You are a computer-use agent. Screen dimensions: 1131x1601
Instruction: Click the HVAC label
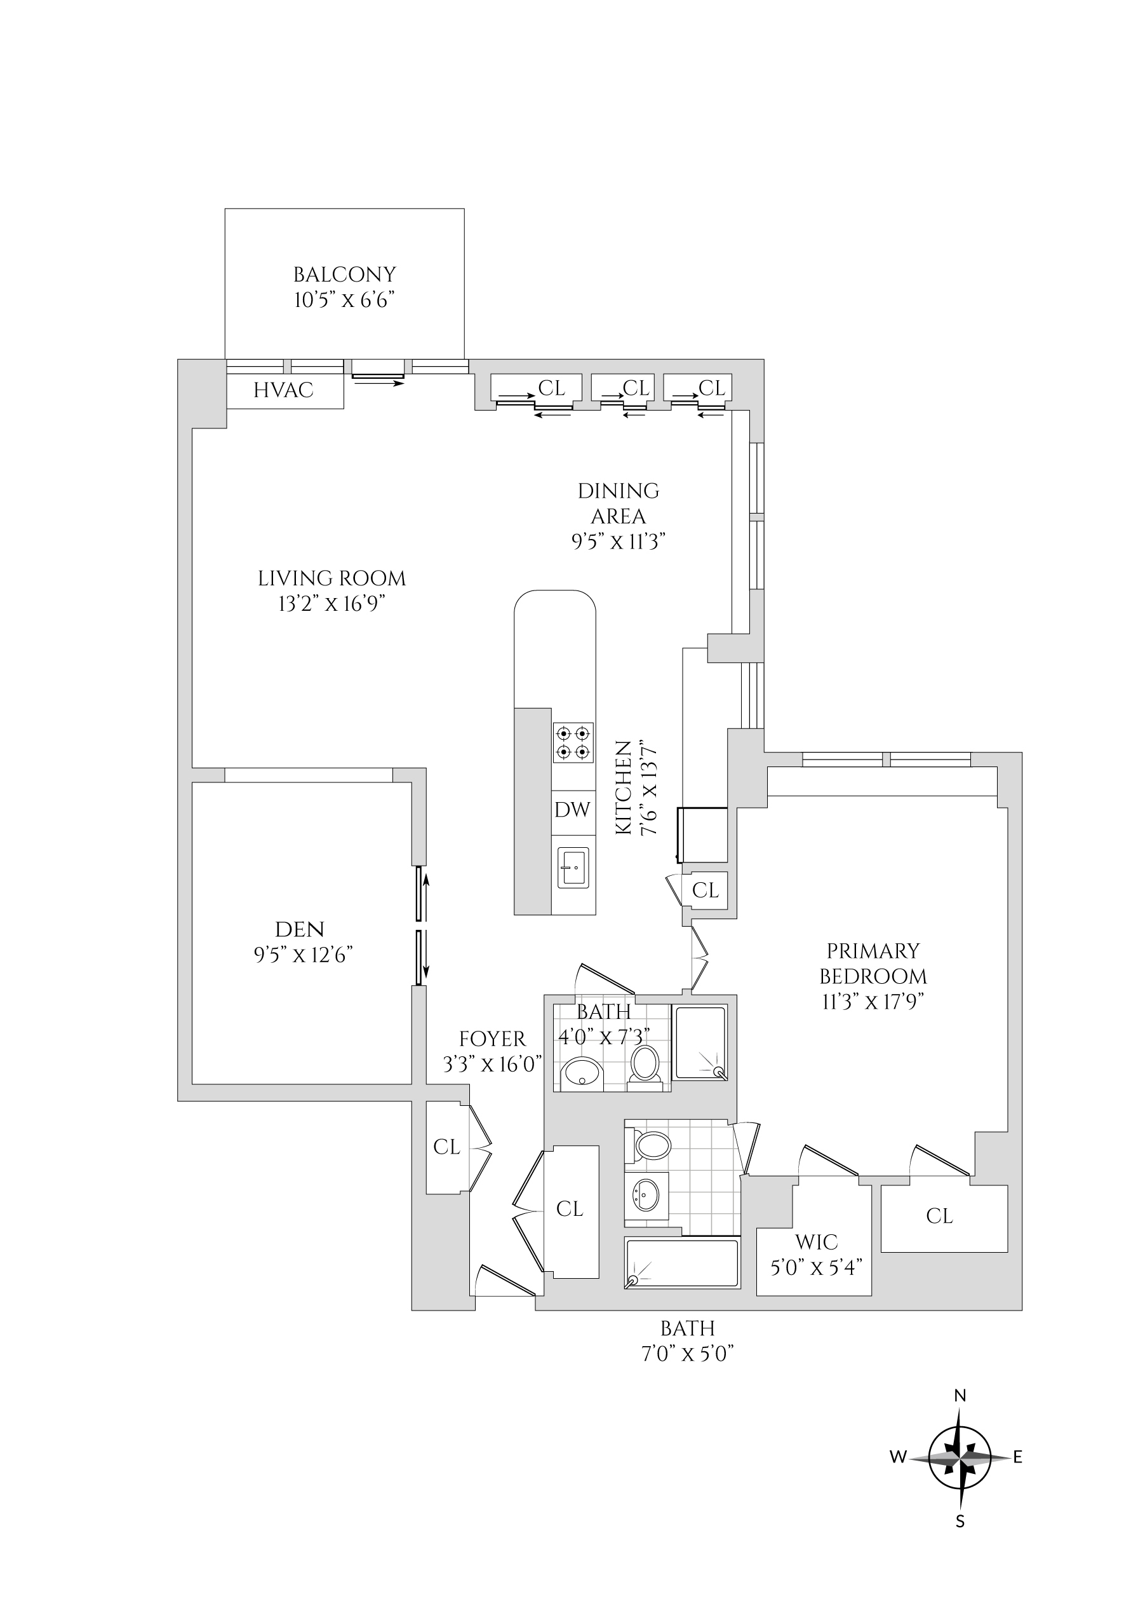pos(283,390)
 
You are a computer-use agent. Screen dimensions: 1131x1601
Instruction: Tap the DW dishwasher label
pos(572,810)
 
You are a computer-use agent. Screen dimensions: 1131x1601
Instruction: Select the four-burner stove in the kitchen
pos(573,742)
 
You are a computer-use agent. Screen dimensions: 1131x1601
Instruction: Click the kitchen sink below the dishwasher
pos(573,867)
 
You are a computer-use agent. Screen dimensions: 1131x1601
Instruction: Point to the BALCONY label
pos(344,274)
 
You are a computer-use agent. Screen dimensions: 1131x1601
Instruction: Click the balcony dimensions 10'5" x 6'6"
pos(344,300)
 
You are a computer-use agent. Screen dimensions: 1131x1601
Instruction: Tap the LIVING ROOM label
pos(331,578)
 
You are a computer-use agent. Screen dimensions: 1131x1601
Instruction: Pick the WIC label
pos(816,1242)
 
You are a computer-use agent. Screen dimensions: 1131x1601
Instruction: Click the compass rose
pos(960,1457)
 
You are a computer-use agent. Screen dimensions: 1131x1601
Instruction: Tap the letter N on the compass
pos(960,1395)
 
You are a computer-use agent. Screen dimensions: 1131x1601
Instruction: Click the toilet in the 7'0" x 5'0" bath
pos(651,1145)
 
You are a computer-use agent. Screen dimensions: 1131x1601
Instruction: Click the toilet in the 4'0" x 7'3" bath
pos(645,1065)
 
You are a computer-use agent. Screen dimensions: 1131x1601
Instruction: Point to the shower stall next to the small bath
pos(701,1042)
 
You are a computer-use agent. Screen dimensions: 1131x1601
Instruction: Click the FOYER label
pos(492,1039)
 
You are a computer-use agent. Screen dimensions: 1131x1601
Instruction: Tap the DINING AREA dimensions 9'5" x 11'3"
pos(618,542)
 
